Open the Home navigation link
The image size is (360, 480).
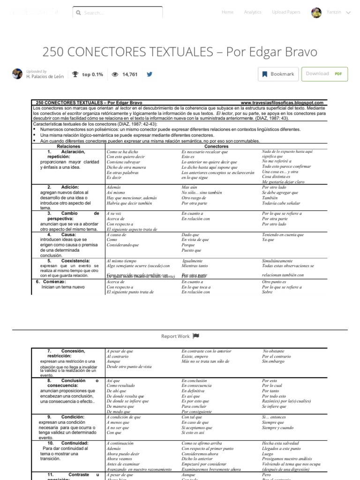[x=227, y=12]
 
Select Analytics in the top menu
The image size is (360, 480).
[x=253, y=12]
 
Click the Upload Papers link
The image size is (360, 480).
[x=286, y=12]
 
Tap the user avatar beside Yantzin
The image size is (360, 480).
[x=316, y=13]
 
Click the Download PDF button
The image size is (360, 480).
[x=324, y=74]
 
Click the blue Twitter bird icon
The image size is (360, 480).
[x=150, y=74]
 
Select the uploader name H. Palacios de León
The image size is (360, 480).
[x=45, y=76]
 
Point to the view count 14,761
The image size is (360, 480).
[x=130, y=74]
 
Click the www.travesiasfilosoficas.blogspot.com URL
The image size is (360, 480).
[x=282, y=103]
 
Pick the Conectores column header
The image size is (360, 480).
[x=216, y=147]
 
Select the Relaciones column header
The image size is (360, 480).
[x=68, y=147]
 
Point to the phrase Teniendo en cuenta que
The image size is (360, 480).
[x=283, y=235]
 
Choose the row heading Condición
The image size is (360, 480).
[x=72, y=417]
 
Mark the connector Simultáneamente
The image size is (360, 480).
[x=277, y=261]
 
